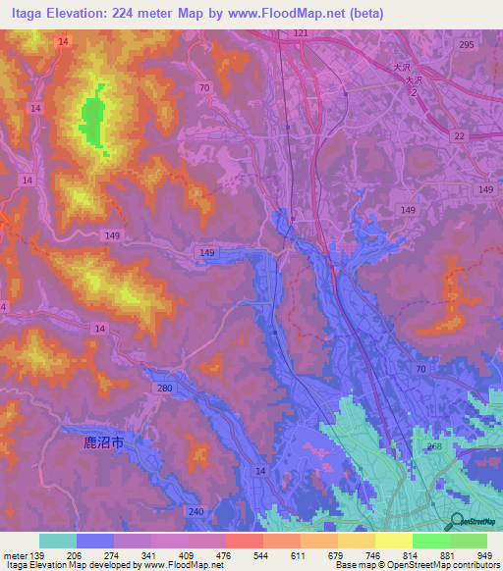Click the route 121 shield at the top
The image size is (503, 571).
[300, 33]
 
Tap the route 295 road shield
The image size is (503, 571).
[466, 44]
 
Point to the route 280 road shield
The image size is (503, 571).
[164, 389]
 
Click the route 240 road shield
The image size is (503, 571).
[196, 511]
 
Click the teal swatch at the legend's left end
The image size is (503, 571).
[58, 541]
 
